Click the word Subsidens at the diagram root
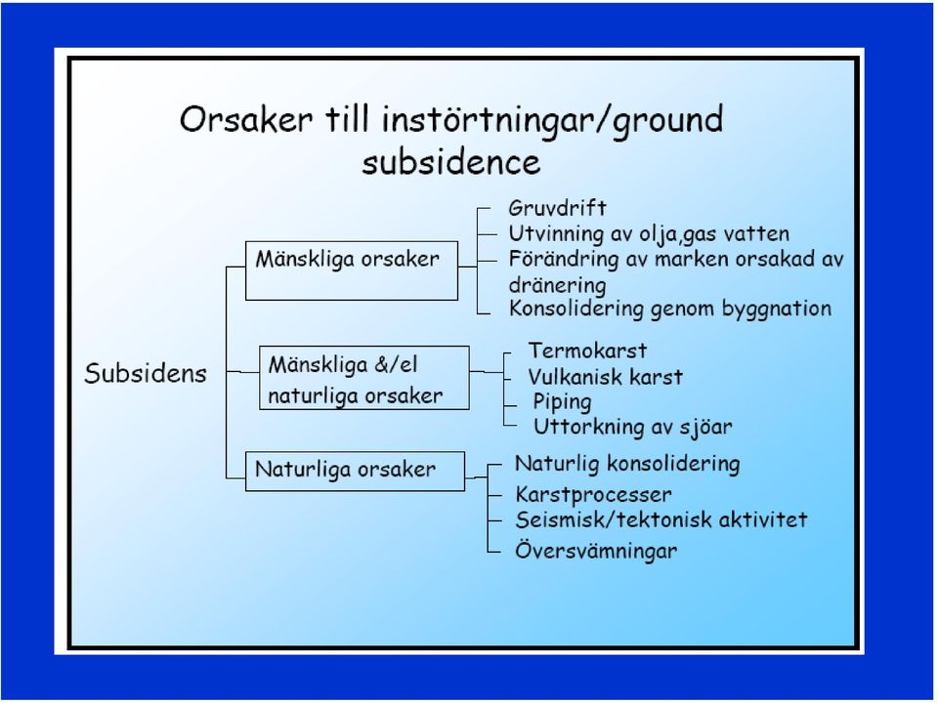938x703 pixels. click(146, 373)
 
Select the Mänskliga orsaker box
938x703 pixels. click(352, 270)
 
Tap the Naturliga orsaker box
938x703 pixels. click(355, 471)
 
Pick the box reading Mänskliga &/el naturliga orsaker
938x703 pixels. click(363, 378)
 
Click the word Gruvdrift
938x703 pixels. click(557, 208)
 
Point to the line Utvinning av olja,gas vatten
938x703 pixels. click(649, 233)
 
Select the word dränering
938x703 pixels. click(557, 285)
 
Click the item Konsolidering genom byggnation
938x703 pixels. click(670, 310)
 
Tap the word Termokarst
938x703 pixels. click(587, 351)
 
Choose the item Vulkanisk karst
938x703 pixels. click(605, 377)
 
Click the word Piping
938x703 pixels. click(562, 402)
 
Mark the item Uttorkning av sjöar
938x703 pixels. click(632, 427)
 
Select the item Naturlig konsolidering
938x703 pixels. click(627, 464)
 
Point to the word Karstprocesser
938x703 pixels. click(593, 495)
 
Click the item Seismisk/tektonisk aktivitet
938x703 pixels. click(661, 519)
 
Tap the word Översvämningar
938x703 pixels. click(596, 551)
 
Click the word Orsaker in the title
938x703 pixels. click(246, 119)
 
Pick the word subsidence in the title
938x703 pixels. click(451, 162)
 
